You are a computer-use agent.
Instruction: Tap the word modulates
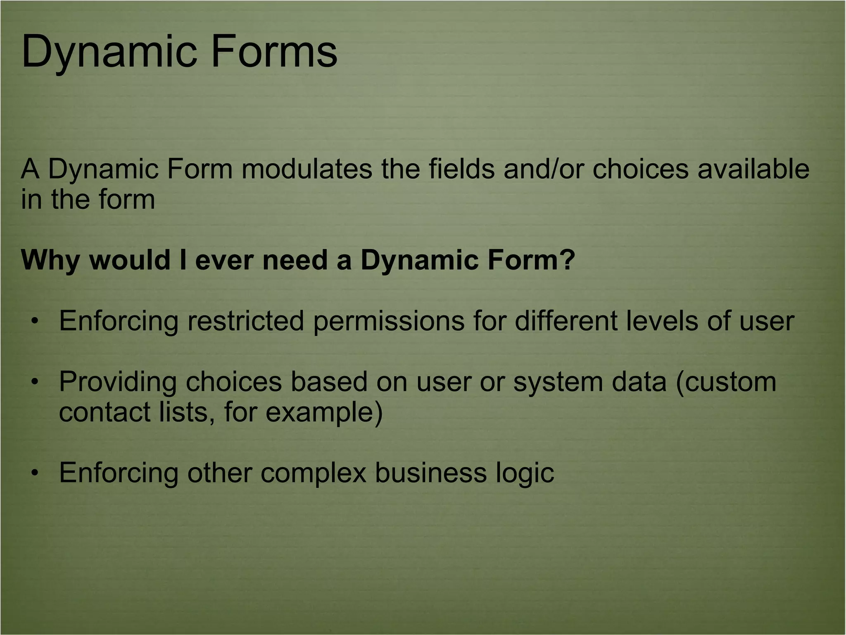[307, 169]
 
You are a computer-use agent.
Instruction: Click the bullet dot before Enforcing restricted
[36, 321]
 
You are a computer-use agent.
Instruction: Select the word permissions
[389, 321]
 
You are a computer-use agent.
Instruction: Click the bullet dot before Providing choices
[36, 382]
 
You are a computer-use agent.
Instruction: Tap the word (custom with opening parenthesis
[726, 382]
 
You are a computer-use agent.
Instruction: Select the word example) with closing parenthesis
[324, 412]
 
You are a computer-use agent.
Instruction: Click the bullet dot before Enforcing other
[36, 473]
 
